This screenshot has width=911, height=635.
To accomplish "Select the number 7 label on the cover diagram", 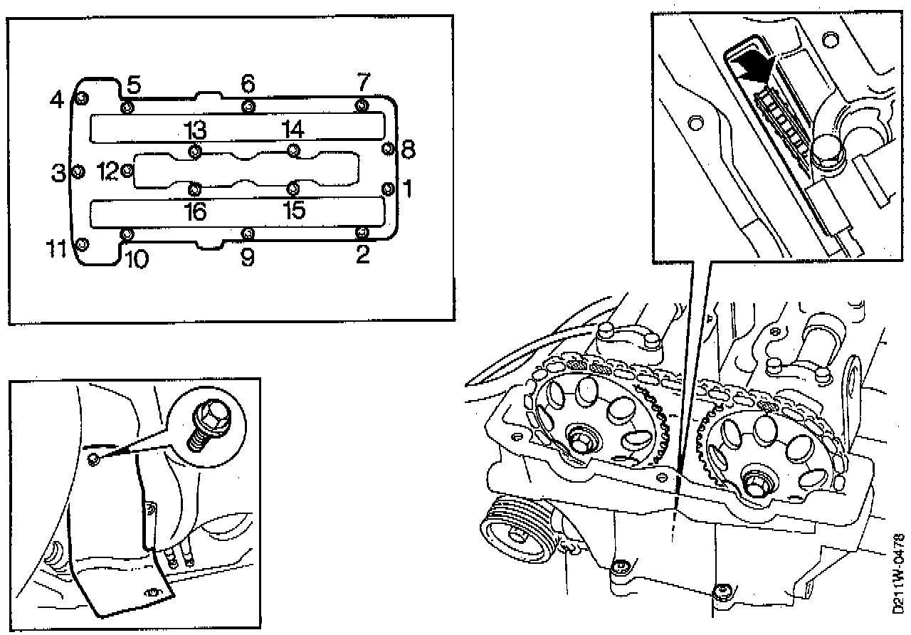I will click(x=363, y=83).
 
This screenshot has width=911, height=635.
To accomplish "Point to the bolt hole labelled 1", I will click(x=388, y=188).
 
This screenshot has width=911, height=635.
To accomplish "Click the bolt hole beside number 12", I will click(x=127, y=171).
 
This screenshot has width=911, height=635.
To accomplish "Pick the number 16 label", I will click(x=194, y=211).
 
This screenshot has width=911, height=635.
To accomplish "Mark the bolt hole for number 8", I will click(x=388, y=148).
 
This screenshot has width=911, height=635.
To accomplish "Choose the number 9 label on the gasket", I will click(x=247, y=256).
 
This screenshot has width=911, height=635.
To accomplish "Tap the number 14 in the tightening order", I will click(x=293, y=130).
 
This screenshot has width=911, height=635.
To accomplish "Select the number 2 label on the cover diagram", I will click(x=363, y=255).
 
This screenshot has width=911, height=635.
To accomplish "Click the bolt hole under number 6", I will click(x=248, y=107).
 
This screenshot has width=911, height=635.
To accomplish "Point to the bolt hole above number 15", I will click(x=293, y=189).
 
